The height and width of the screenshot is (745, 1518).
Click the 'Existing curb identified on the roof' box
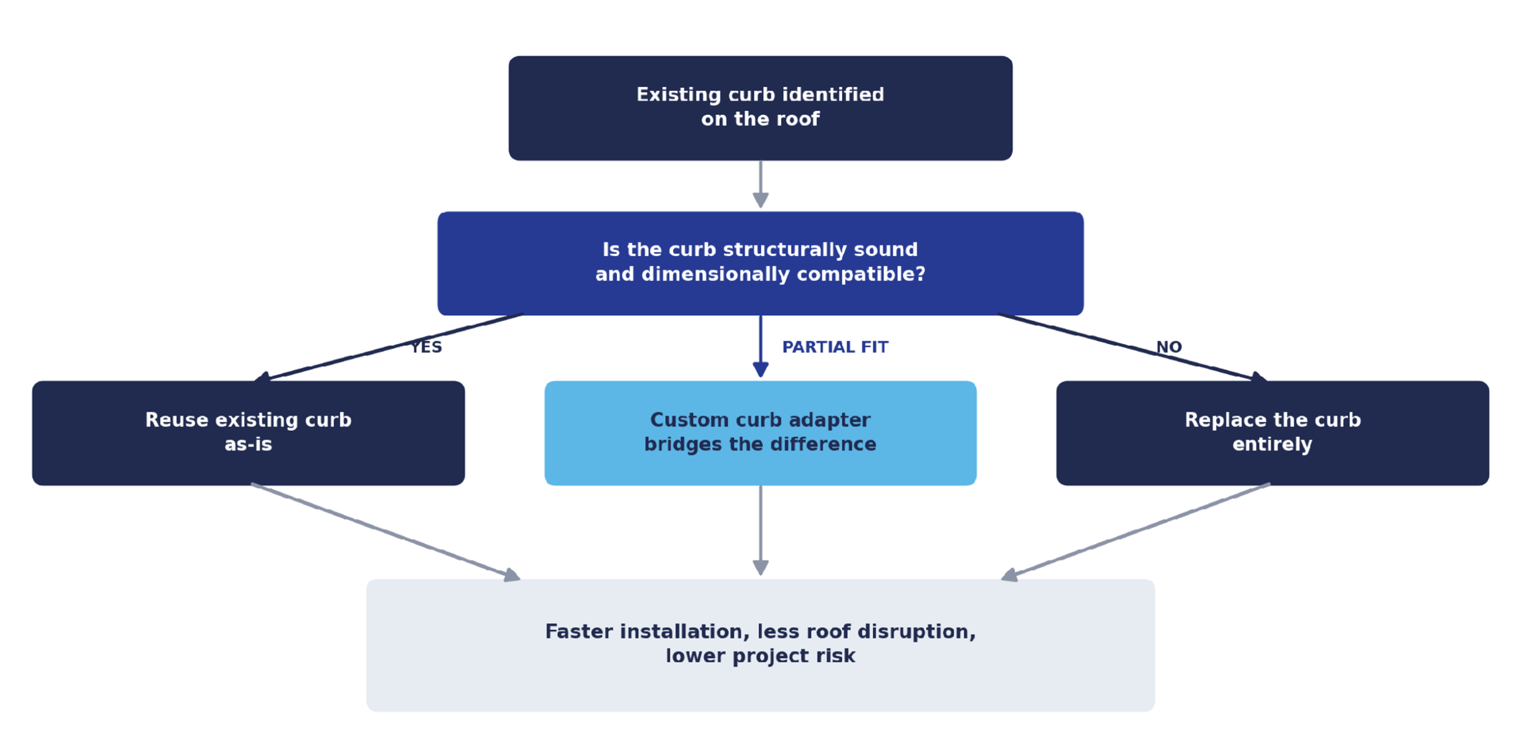pos(760,108)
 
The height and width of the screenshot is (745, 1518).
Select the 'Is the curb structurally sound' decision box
pos(760,263)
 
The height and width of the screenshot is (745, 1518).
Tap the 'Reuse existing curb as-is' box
pos(248,433)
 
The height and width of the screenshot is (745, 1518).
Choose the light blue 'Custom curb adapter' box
pos(760,433)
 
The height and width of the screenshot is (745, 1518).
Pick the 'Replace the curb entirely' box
pos(1273,433)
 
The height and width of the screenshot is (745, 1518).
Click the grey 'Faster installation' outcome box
pos(760,645)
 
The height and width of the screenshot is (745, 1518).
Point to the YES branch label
pos(426,347)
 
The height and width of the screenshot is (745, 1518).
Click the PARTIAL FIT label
pos(835,347)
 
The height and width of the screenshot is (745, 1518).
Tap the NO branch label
pos(1169,347)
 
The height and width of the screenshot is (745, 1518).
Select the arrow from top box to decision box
pos(761,184)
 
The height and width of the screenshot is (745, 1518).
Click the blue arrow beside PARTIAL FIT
pos(761,346)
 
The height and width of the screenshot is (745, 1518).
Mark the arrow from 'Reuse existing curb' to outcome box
pos(385,531)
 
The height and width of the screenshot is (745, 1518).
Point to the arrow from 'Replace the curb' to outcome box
pos(1136,531)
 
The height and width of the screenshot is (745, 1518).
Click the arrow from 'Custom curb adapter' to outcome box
pos(761,530)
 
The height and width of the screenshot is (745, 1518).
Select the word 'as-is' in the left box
pos(248,444)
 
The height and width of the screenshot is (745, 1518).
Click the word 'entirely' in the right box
pos(1273,444)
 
